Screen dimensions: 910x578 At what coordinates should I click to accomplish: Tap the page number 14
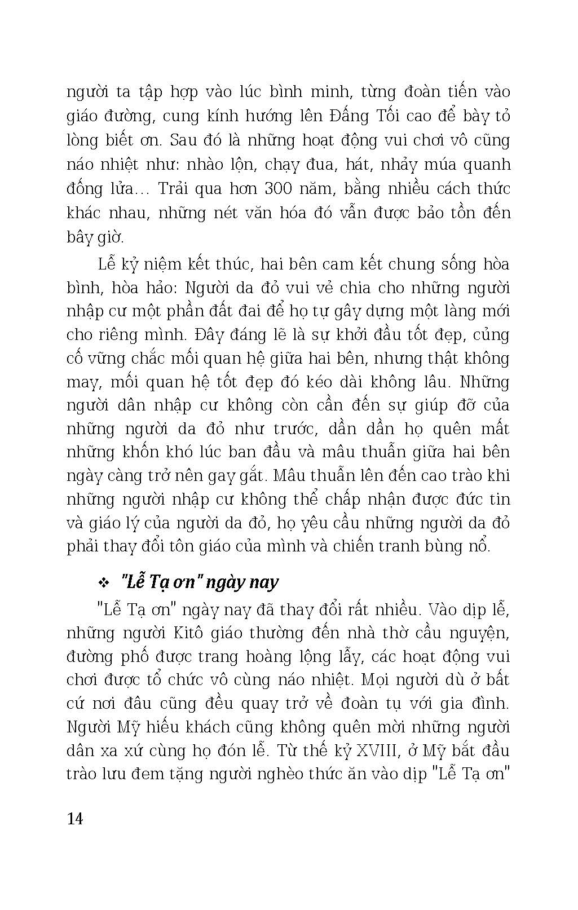tap(75, 819)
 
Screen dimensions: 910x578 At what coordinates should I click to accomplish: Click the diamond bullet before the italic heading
tap(103, 582)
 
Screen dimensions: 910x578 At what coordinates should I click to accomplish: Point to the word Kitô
tap(179, 633)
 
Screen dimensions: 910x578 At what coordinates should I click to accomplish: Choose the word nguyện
tap(482, 633)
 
